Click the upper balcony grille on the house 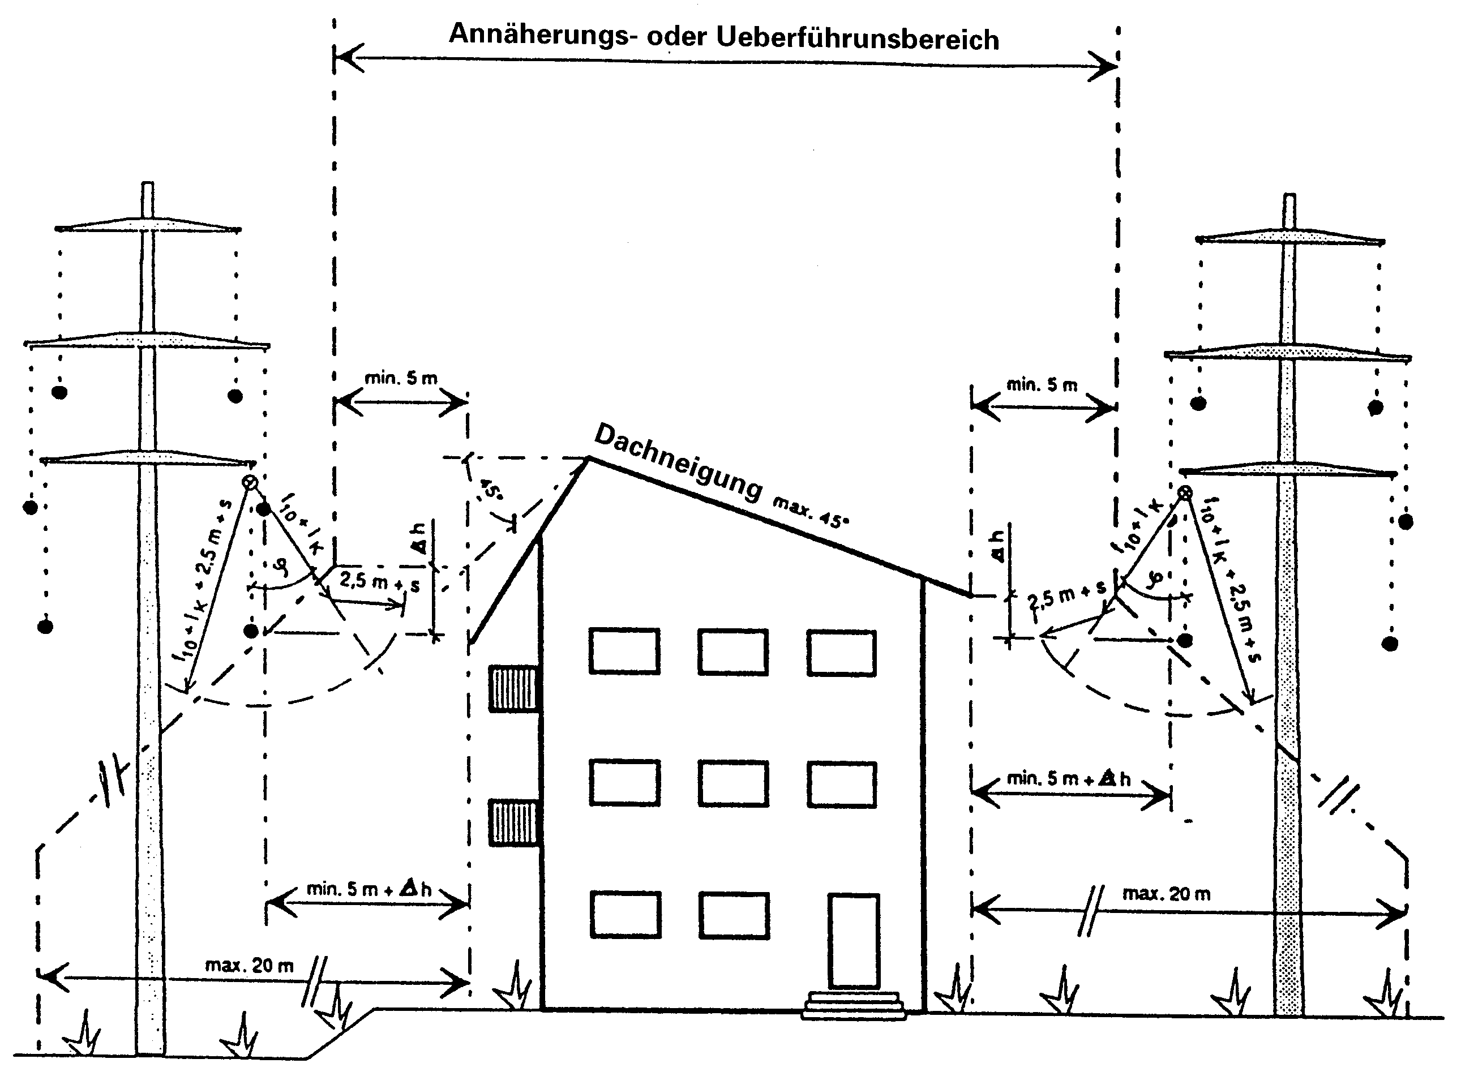pos(514,688)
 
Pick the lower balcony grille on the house pos(514,822)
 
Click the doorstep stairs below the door pos(853,1005)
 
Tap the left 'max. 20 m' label pos(250,965)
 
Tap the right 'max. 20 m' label pos(1166,894)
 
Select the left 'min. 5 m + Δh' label pos(369,889)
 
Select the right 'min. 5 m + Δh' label pos(1068,778)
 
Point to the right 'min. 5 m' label pos(1042,385)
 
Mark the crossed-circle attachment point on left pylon pos(250,482)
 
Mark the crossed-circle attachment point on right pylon pos(1185,492)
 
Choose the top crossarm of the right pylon pos(1289,237)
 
